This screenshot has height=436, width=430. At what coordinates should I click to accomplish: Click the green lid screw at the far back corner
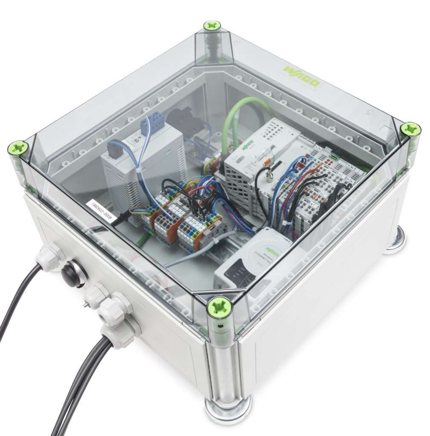click(x=212, y=26)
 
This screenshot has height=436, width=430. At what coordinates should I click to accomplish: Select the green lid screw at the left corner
click(x=18, y=149)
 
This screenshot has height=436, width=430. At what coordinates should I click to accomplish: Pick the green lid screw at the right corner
click(x=410, y=129)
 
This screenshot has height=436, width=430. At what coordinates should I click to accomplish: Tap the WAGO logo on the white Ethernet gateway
click(x=270, y=249)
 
